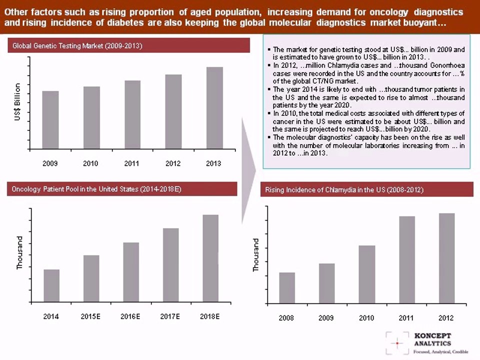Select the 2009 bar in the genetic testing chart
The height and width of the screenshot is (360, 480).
tap(50, 120)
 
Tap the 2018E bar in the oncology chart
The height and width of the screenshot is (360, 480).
tap(210, 258)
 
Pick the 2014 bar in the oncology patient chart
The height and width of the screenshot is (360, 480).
tap(51, 285)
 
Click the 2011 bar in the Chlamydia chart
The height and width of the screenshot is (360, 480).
tap(406, 259)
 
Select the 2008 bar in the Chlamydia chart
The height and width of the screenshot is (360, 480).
tap(287, 287)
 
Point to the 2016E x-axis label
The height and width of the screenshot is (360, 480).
tap(130, 316)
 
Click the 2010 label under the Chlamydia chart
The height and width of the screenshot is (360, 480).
tap(366, 318)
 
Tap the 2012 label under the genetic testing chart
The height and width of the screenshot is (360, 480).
tap(173, 163)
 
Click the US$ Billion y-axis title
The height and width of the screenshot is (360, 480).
tap(18, 102)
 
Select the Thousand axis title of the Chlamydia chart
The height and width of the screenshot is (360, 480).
tap(256, 255)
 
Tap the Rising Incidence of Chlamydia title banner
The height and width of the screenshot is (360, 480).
tap(367, 190)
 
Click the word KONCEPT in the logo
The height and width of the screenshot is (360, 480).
tap(432, 336)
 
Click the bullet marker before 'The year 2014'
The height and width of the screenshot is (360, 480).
tap(269, 89)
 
